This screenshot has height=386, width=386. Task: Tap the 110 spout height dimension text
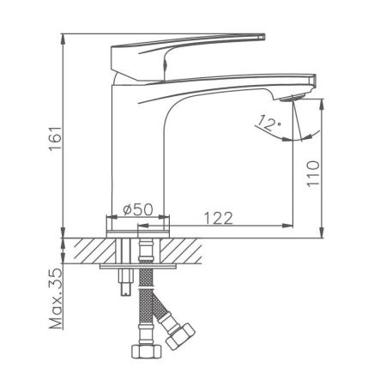314,172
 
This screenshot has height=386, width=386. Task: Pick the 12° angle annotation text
268,124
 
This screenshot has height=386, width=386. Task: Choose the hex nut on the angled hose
181,335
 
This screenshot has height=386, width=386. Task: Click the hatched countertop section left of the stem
94,252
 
